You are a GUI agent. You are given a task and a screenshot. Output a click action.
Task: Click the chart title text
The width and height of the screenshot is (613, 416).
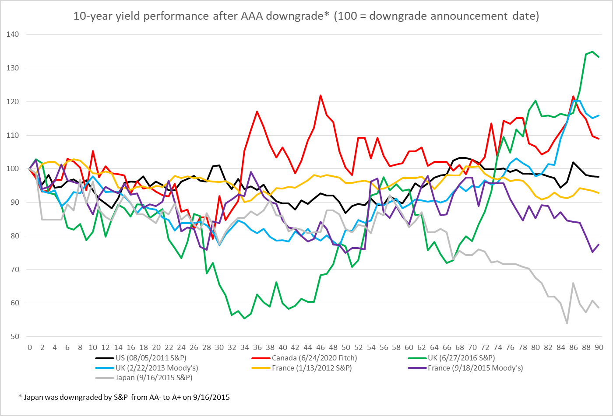[306, 16]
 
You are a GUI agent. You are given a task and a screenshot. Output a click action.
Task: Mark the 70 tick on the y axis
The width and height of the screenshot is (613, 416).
[14, 269]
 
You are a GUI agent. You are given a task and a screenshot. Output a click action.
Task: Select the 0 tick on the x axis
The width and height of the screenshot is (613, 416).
[30, 347]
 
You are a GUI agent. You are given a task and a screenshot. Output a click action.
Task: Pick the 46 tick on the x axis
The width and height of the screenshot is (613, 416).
[321, 347]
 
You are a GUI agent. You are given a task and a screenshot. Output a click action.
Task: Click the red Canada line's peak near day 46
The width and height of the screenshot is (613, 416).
[321, 95]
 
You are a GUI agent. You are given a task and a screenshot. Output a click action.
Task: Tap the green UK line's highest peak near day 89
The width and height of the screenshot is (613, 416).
[592, 52]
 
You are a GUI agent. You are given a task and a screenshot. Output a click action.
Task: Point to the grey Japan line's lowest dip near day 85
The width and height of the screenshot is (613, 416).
[567, 323]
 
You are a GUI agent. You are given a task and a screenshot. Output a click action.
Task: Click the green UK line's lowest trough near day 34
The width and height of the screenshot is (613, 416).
[244, 318]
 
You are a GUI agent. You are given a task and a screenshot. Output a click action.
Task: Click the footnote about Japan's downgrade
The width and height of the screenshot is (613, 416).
[124, 397]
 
